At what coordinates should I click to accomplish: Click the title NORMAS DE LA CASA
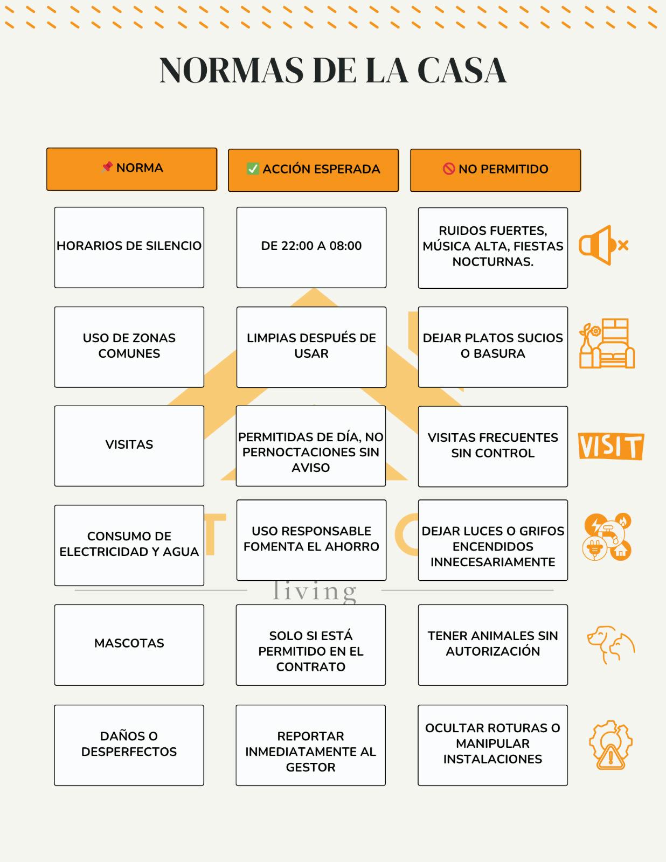(x=333, y=71)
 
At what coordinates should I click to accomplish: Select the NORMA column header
(x=131, y=169)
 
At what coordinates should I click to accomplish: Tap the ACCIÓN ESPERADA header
(x=313, y=170)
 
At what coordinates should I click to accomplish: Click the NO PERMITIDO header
(x=495, y=170)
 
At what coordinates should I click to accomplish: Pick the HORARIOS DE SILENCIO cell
(x=129, y=247)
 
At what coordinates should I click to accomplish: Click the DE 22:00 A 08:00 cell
(x=311, y=247)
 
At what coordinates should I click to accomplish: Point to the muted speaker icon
(x=603, y=245)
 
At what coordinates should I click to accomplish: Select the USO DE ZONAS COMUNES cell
(x=129, y=346)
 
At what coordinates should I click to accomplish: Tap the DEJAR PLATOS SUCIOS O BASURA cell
(x=492, y=346)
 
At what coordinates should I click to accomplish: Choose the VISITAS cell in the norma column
(x=129, y=446)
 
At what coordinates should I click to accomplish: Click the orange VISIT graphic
(x=610, y=446)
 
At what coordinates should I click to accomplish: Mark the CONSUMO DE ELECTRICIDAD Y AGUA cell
(x=129, y=545)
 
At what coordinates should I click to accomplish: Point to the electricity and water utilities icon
(x=607, y=537)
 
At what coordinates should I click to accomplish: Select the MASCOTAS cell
(x=129, y=644)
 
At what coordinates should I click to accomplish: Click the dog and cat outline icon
(x=610, y=644)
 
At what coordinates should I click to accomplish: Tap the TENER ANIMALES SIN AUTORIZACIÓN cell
(x=492, y=644)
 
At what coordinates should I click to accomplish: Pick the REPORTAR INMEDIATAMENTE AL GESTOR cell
(x=310, y=745)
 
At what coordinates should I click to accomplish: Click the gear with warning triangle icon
(x=610, y=745)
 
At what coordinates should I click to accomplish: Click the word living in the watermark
(x=314, y=591)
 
